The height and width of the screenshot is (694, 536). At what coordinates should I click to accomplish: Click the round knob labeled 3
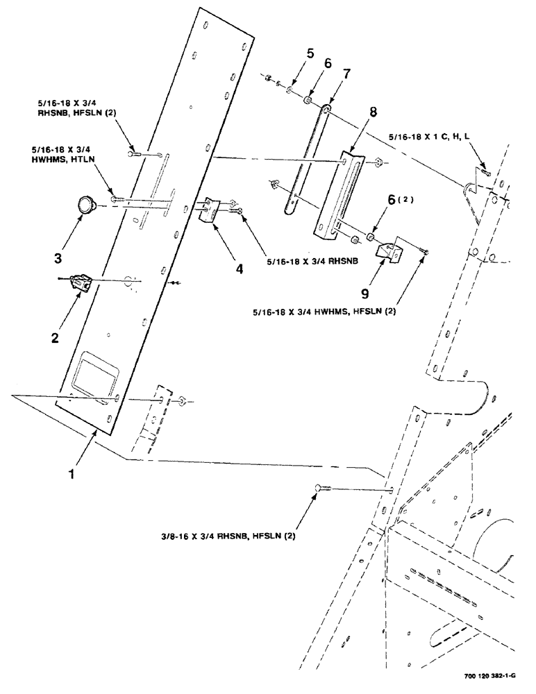(87, 204)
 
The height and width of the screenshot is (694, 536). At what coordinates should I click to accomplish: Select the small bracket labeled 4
(209, 210)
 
